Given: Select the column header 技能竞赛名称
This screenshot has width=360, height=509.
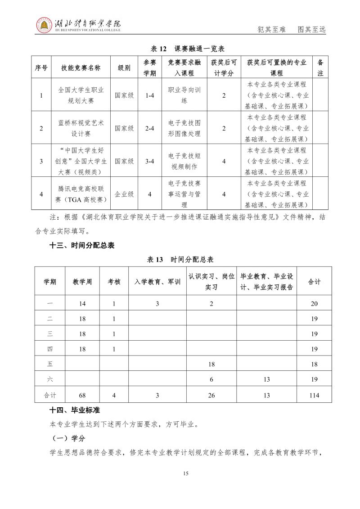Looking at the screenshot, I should click(x=81, y=68).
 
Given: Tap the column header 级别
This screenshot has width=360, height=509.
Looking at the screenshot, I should click(x=124, y=68).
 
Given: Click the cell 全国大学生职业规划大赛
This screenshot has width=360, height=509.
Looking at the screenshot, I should click(x=81, y=95).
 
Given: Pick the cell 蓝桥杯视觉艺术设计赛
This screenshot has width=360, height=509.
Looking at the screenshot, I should click(x=81, y=128).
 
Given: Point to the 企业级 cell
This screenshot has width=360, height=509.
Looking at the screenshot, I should click(x=124, y=194).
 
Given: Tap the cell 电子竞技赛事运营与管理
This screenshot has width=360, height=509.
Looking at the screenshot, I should click(x=184, y=194).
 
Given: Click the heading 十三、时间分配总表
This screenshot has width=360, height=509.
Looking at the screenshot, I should click(x=82, y=245).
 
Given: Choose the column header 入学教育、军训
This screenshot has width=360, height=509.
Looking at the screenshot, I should click(x=157, y=282).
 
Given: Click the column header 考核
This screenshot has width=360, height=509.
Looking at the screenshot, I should click(x=114, y=282).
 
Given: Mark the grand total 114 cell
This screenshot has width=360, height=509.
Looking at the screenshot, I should click(x=314, y=395).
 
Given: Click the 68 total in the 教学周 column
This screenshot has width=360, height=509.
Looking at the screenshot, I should click(x=82, y=395).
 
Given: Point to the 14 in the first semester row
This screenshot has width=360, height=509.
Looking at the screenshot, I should click(x=82, y=304).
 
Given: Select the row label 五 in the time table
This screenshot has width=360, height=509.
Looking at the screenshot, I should click(x=50, y=364).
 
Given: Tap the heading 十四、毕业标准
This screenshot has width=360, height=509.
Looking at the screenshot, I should click(x=75, y=410).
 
